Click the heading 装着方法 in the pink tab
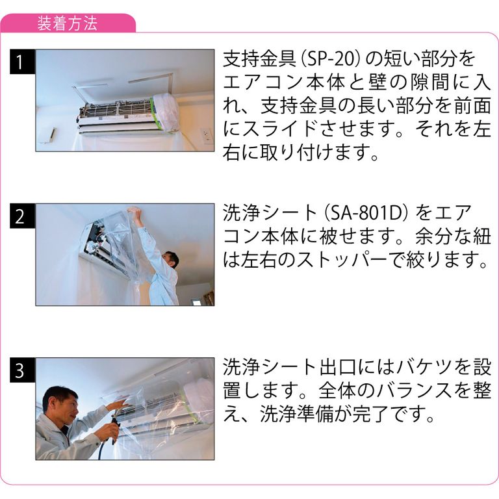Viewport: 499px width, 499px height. point(67,24)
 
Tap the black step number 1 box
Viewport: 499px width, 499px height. point(22,62)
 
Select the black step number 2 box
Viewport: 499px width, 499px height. point(22,216)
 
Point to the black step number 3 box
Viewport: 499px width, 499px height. point(22,370)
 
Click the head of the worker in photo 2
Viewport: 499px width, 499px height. point(171,260)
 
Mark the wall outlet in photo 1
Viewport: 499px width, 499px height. point(206,136)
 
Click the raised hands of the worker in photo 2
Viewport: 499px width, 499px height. point(134,211)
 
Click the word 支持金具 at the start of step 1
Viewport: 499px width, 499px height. point(260,59)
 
